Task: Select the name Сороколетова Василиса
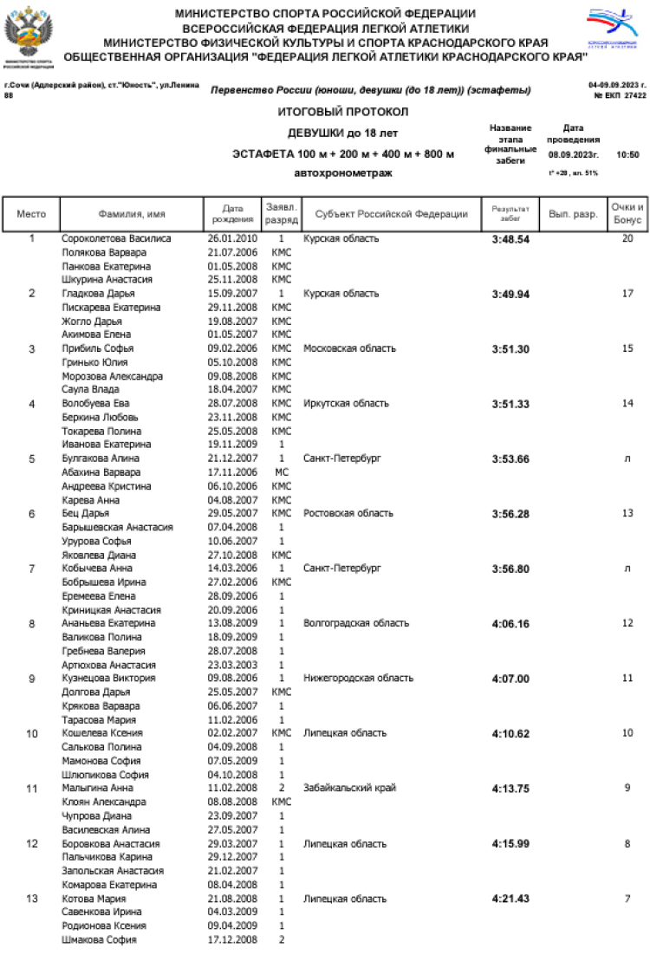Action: [116, 238]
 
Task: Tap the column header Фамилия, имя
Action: [132, 214]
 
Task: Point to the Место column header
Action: [32, 214]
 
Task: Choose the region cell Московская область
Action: [349, 348]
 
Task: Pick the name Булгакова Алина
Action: [101, 458]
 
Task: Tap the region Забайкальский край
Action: [349, 789]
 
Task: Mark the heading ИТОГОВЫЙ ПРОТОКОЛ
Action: [342, 113]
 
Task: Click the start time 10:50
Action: [627, 154]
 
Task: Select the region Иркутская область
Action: [347, 404]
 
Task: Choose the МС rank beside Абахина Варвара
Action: [282, 472]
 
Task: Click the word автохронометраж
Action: [343, 173]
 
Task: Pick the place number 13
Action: [32, 899]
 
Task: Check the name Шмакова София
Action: [99, 939]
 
